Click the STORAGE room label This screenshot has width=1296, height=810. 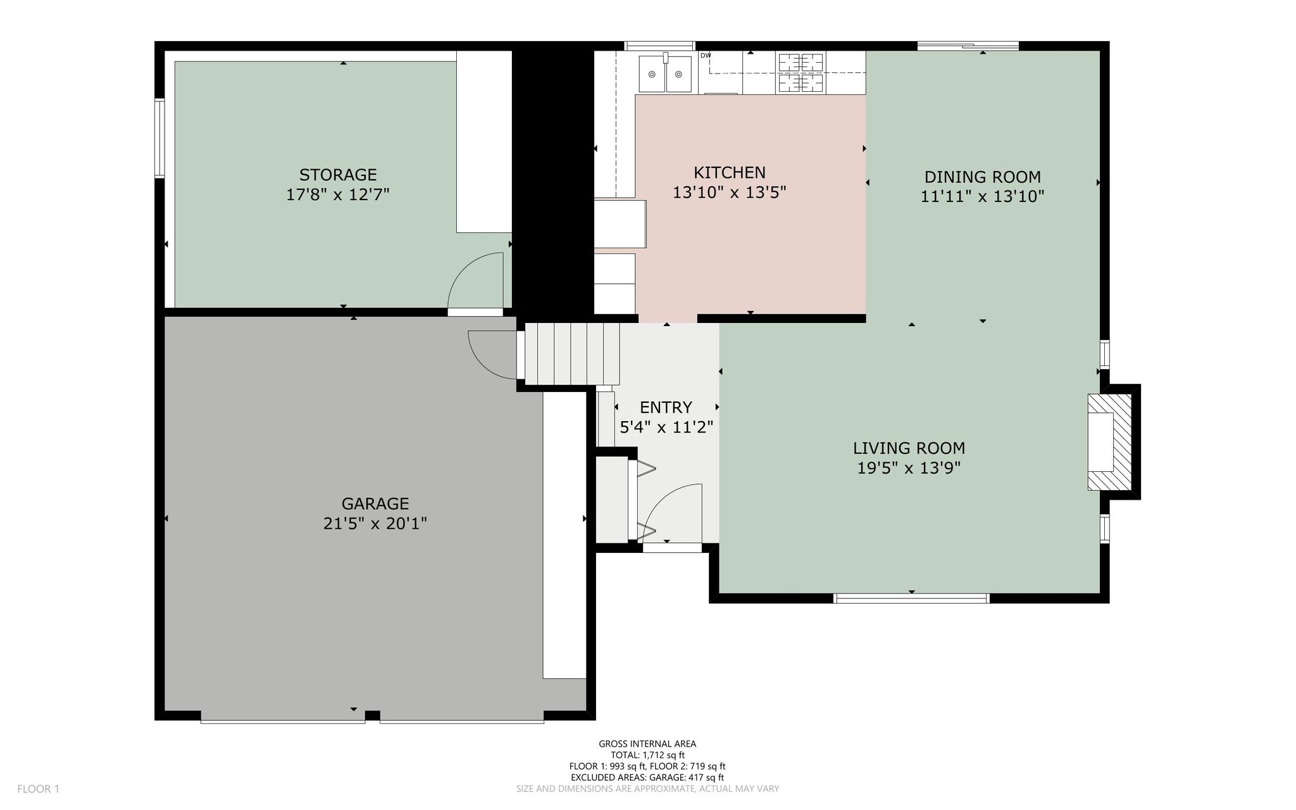[x=338, y=175]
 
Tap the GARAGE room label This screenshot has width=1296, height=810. [x=375, y=504]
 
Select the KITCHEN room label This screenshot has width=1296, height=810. [x=730, y=172]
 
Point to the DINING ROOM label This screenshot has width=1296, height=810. [x=983, y=177]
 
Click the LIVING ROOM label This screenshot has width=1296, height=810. [x=909, y=448]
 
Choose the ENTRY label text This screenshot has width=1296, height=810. [x=666, y=407]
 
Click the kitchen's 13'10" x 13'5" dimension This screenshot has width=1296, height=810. [x=730, y=193]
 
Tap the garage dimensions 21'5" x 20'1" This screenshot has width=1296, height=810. [x=375, y=524]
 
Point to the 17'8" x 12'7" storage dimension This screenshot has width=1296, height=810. [x=338, y=194]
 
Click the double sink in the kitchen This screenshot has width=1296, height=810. [x=664, y=74]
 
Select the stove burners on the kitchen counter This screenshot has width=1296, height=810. [x=801, y=73]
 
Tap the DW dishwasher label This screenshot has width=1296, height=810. [x=706, y=56]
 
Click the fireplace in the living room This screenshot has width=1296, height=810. [x=1109, y=442]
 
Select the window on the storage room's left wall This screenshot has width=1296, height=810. [x=160, y=138]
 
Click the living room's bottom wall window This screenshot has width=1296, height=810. [x=912, y=598]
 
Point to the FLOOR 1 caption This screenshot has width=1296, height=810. [x=38, y=789]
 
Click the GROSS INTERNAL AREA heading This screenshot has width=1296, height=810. [x=647, y=744]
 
